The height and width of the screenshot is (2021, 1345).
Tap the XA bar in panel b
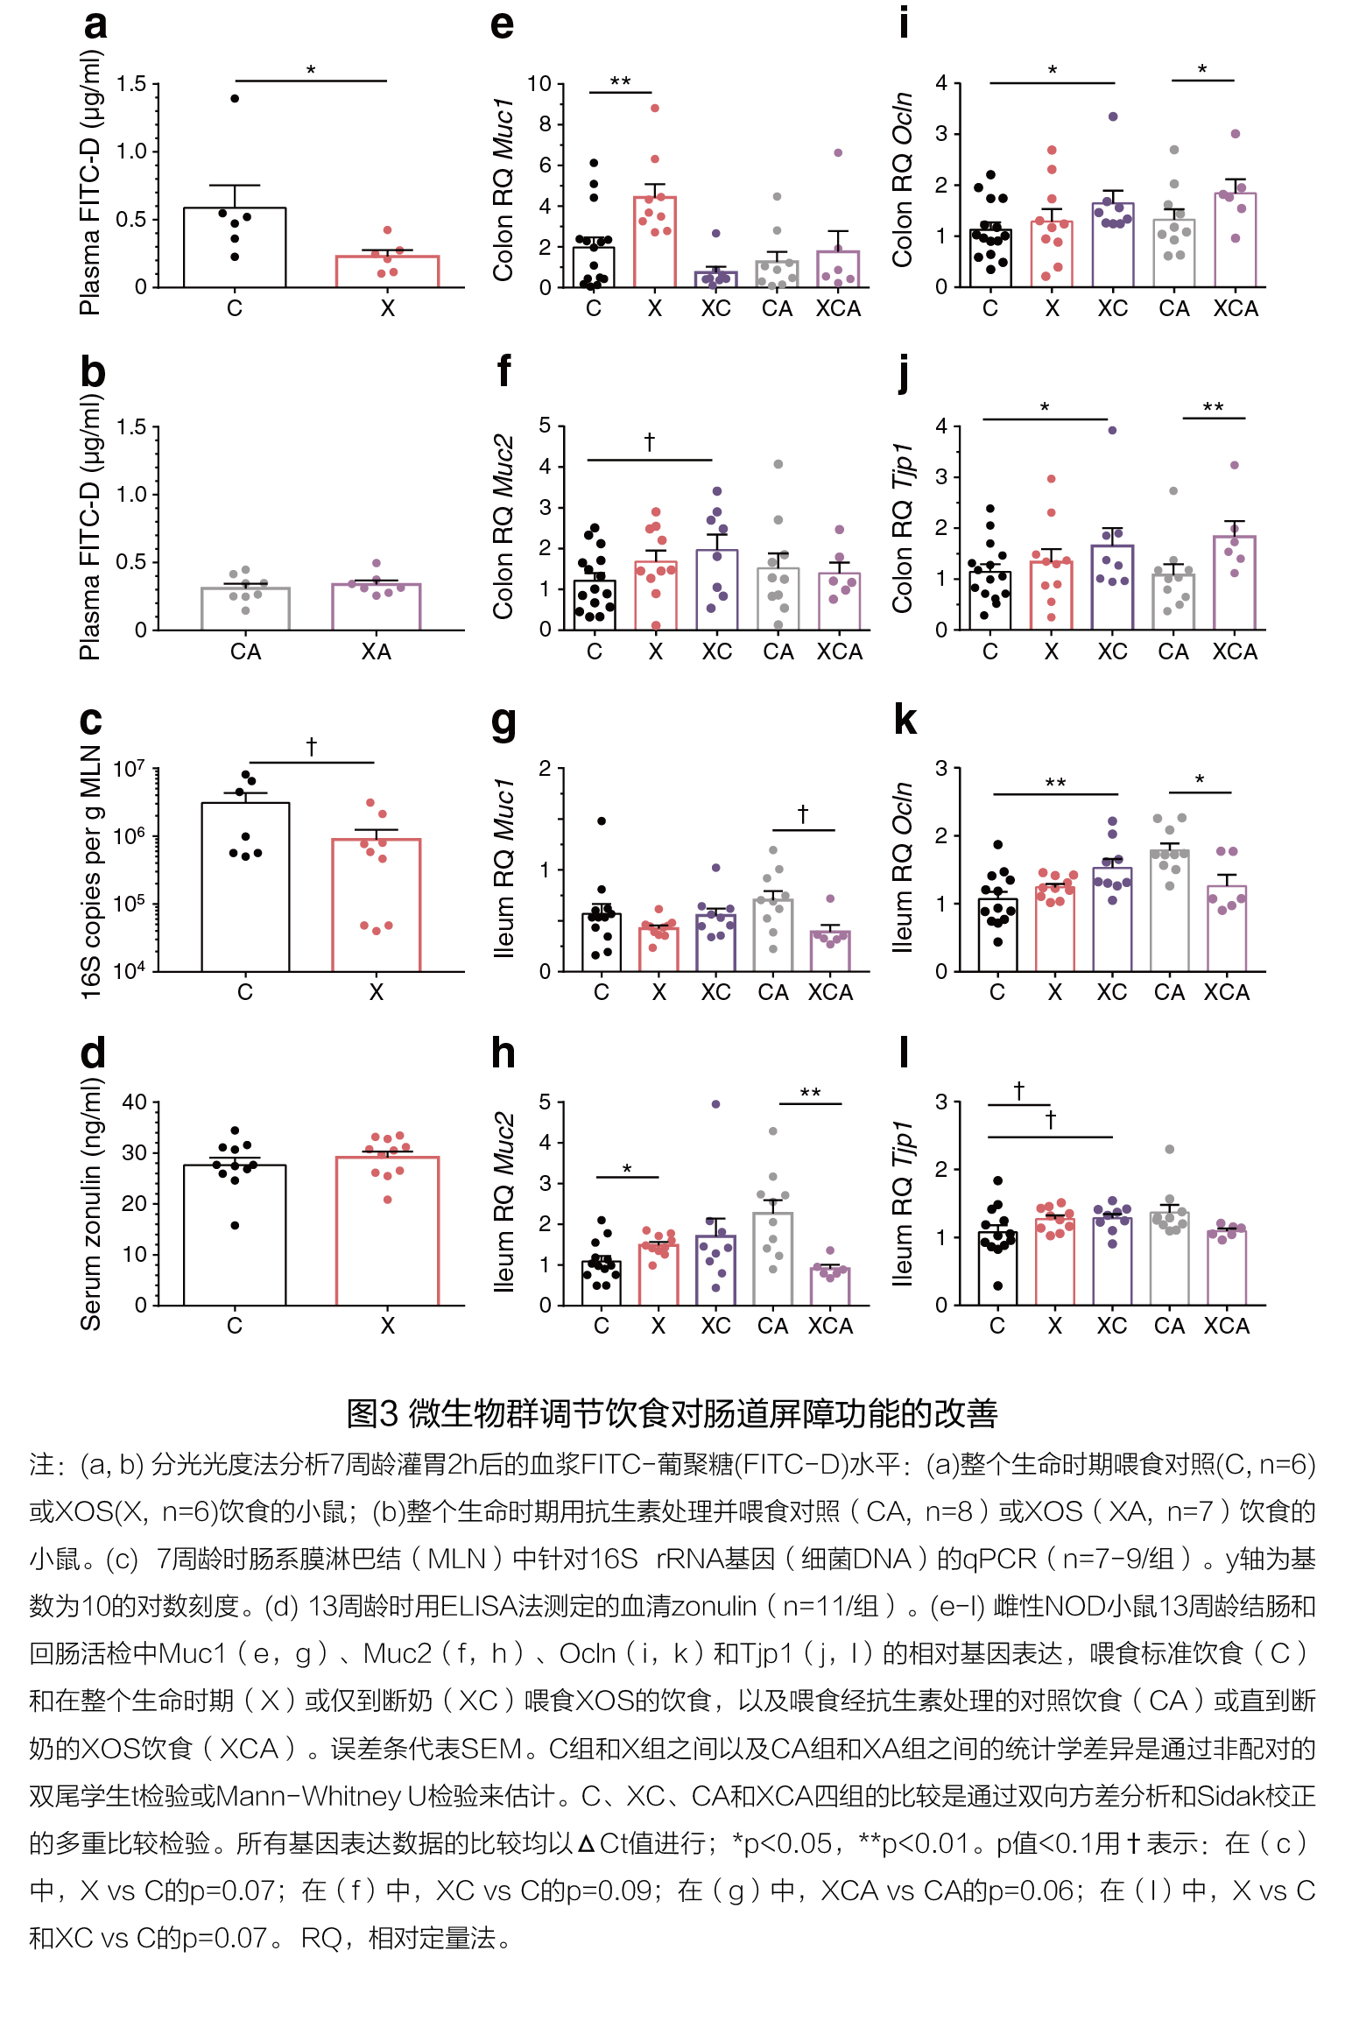coord(376,607)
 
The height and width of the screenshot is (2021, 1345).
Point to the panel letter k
coord(905,720)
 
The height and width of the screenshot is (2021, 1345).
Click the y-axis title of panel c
coord(91,872)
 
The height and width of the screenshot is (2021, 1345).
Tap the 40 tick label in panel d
coord(134,1102)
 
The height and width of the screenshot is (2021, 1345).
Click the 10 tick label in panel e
coord(539,84)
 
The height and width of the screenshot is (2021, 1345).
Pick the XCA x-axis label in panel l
coord(1226,1326)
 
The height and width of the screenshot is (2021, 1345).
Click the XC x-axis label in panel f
coord(716,651)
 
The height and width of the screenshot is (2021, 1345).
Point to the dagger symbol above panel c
coord(311,746)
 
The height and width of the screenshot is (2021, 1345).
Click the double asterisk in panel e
coord(620,81)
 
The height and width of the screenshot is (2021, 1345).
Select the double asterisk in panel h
coord(810,1093)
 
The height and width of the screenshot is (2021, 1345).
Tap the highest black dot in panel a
coord(235,98)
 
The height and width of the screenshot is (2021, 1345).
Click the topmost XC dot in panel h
coord(715,1104)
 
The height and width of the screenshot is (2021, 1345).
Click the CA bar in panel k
coord(1169,911)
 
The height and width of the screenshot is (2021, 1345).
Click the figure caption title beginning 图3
coord(672,1413)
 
